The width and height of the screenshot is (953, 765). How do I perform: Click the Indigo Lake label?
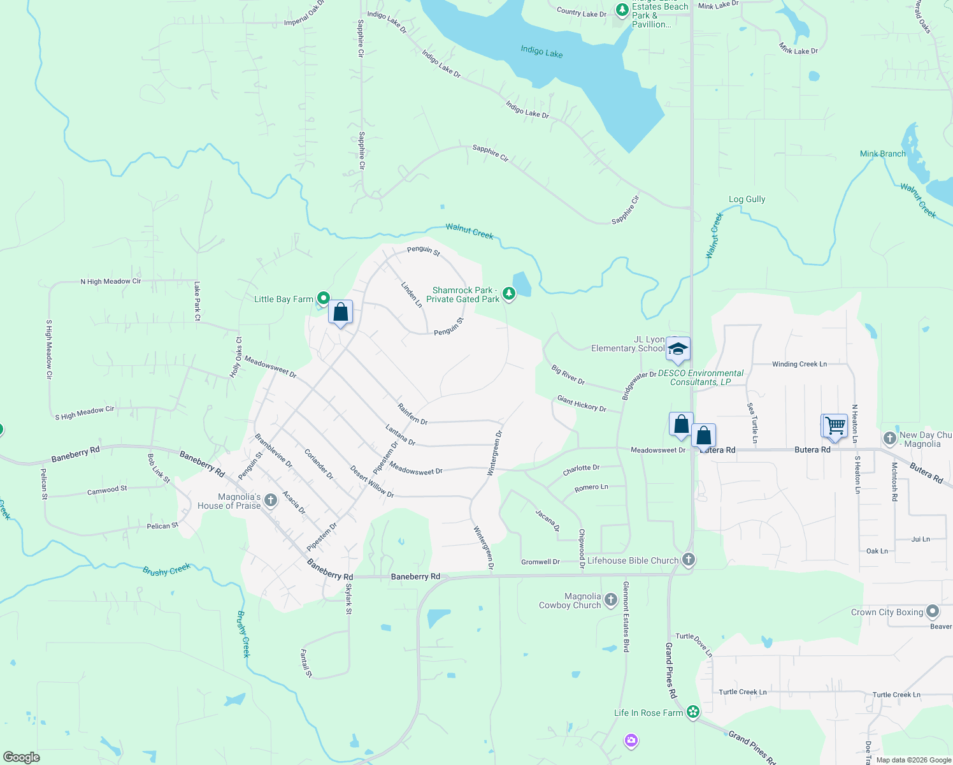pos(541,52)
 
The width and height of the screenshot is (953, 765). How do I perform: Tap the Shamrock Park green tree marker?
pos(508,293)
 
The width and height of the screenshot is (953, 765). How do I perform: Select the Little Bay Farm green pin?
pos(324,298)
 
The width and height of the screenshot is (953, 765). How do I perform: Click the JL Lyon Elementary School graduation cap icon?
pos(678,349)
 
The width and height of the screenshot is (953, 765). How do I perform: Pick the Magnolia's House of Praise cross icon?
pos(271,500)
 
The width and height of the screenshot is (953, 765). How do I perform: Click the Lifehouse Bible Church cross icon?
pos(688,560)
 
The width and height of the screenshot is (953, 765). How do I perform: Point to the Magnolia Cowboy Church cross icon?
pos(610,599)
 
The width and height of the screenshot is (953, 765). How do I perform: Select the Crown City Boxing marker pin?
pos(933,611)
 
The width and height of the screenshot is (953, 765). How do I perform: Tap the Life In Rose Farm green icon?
pos(693,712)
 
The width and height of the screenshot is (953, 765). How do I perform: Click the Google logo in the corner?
pos(22,757)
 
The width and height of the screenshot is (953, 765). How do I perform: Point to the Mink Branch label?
pos(882,154)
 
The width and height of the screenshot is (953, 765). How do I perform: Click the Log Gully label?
pos(747,199)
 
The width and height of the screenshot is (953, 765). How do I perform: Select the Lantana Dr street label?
pos(401,434)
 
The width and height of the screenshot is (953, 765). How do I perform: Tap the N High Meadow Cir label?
pos(111,281)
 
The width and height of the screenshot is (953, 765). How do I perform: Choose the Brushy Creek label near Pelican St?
pos(166,570)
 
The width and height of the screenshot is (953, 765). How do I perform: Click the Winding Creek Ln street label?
pos(799,364)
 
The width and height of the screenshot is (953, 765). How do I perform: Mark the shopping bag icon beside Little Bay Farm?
pos(341,312)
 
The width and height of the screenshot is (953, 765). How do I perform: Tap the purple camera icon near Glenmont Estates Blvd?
pos(631,740)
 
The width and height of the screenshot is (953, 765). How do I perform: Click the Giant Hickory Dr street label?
pos(582,404)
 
